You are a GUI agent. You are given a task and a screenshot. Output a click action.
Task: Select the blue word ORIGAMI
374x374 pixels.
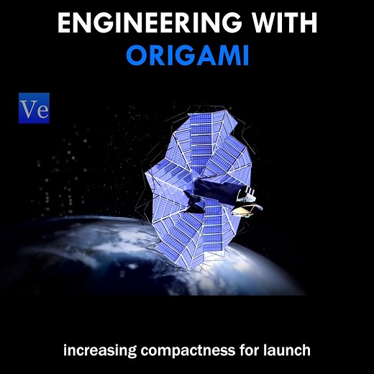pyautogui.click(x=187, y=56)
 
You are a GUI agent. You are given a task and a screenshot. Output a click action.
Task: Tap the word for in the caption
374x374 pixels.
pyautogui.click(x=248, y=351)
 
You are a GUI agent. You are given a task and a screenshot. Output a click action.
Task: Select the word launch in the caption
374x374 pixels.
pyautogui.click(x=288, y=351)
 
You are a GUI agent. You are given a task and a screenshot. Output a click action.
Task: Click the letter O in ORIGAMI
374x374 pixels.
pyautogui.click(x=137, y=56)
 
